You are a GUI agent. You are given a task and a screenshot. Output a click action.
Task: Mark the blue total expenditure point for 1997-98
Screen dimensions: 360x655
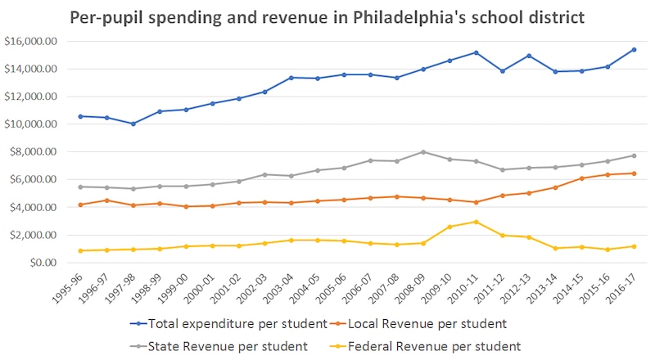pyautogui.click(x=133, y=124)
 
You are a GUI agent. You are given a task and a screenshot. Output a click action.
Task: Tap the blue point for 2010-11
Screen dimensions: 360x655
pyautogui.click(x=475, y=52)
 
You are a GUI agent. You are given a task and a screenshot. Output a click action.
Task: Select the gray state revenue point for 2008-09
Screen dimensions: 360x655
pyautogui.click(x=422, y=151)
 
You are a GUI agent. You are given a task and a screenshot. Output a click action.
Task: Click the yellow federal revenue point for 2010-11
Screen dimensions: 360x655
pyautogui.click(x=475, y=222)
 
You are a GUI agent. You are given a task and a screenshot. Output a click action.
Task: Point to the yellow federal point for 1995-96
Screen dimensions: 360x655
pyautogui.click(x=80, y=250)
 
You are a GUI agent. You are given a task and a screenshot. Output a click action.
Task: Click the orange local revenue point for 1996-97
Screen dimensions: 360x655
pyautogui.click(x=106, y=200)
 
